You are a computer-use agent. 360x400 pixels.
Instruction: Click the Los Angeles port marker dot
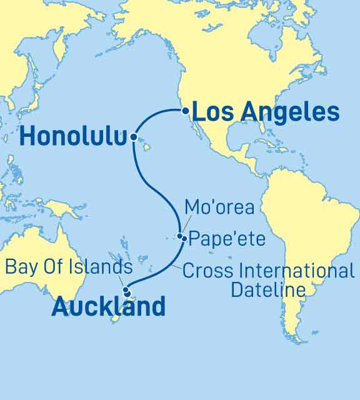click(x=185, y=111)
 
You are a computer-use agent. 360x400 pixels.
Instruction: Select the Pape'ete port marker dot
click(x=183, y=238)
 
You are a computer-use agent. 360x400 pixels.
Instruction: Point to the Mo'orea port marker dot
click(x=179, y=236)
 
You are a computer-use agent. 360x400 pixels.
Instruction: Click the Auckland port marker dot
click(x=127, y=293)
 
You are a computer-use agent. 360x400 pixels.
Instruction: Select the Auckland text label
click(x=109, y=307)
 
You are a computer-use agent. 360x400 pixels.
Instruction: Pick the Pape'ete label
click(x=227, y=238)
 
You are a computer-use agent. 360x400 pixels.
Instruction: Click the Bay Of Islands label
click(x=69, y=267)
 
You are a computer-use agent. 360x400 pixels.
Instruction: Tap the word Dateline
click(x=268, y=290)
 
